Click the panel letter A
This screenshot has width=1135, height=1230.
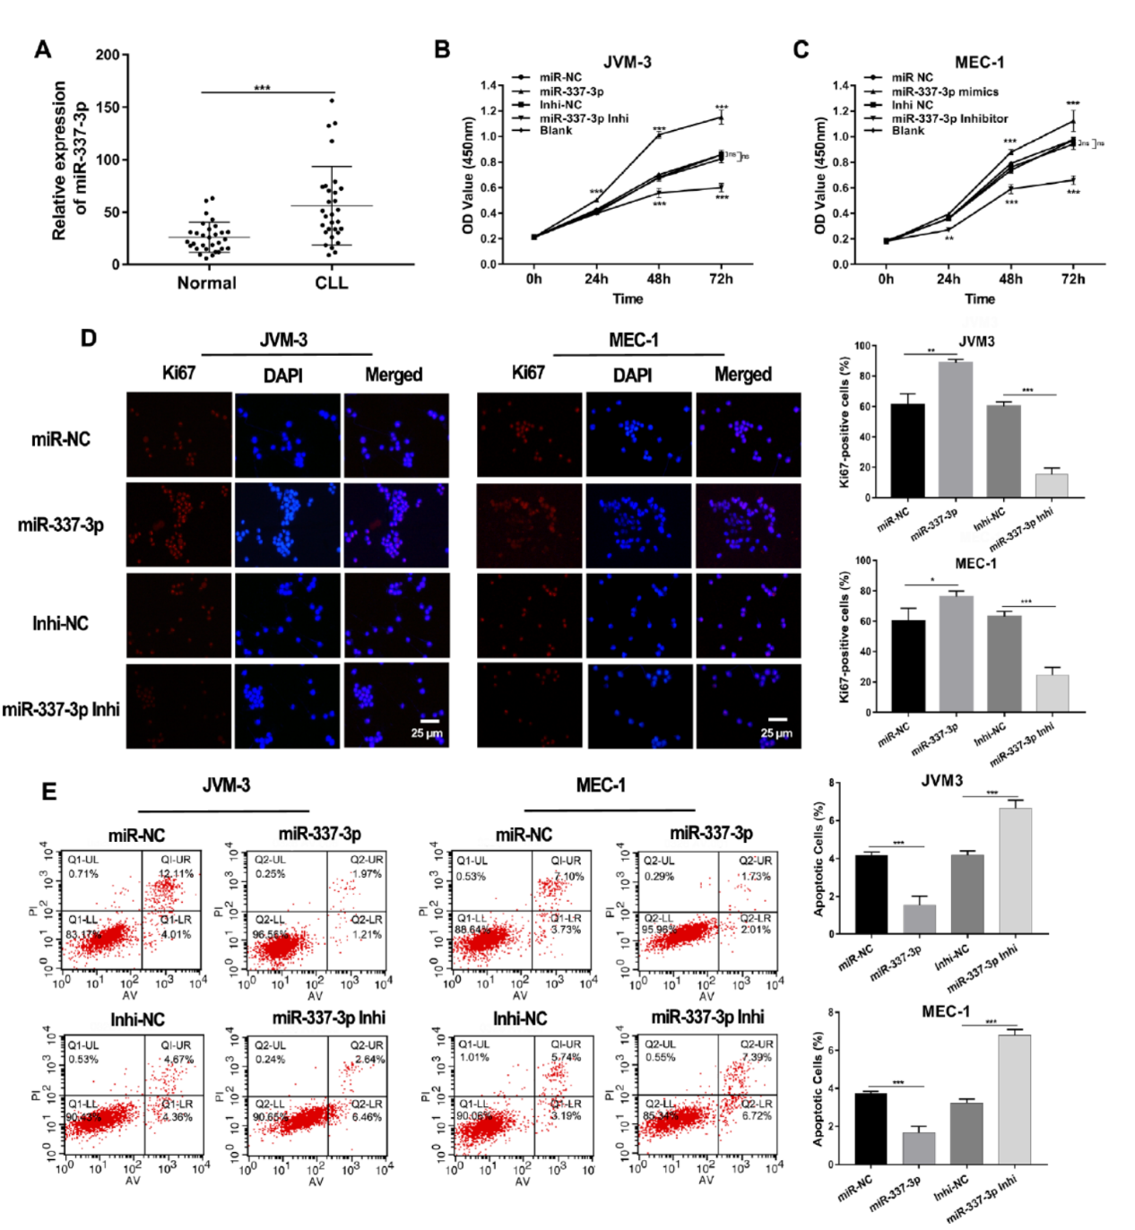click(x=42, y=50)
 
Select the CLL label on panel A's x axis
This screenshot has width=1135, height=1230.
click(x=331, y=283)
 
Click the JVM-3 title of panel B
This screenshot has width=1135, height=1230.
click(x=627, y=62)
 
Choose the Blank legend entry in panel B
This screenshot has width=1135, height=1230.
click(x=555, y=131)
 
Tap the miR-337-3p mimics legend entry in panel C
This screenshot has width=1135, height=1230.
click(x=944, y=91)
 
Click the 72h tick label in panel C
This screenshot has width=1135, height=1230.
click(x=1072, y=279)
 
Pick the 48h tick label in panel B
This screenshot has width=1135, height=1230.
click(x=658, y=279)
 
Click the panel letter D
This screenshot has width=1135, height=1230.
click(x=88, y=338)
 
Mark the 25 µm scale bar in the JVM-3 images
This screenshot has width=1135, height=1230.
click(x=429, y=721)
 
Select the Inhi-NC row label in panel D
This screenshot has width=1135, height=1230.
click(x=60, y=623)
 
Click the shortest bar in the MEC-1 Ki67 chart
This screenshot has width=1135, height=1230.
click(x=1052, y=693)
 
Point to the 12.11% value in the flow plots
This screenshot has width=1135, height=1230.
click(x=176, y=873)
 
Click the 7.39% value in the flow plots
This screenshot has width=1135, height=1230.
click(x=757, y=1058)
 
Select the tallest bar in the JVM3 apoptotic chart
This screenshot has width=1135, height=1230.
click(x=1016, y=871)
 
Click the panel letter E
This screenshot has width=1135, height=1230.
click(x=48, y=792)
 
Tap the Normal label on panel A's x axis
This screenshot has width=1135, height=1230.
click(x=206, y=283)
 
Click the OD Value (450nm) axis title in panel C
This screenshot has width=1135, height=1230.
click(x=820, y=176)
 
